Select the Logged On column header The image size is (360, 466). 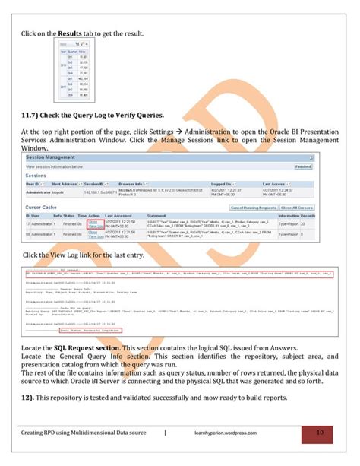(x=222, y=183)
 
